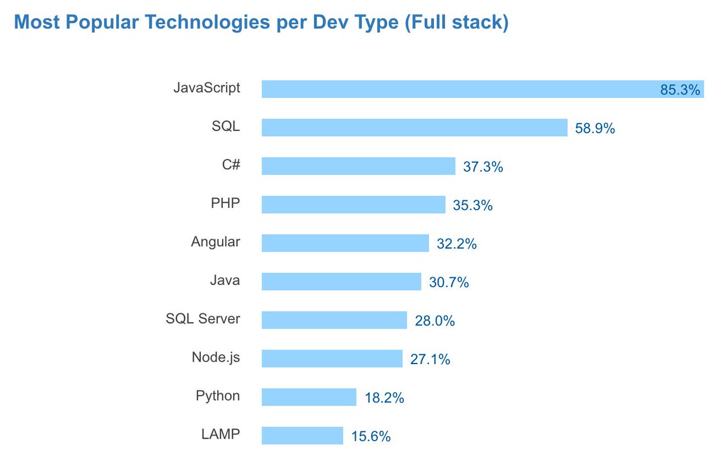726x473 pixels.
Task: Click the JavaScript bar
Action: point(460,90)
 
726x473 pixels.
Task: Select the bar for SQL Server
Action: point(334,321)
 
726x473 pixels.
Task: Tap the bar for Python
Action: point(309,397)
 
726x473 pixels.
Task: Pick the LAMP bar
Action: point(302,435)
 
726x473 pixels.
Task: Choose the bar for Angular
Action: point(345,244)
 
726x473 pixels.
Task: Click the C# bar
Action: point(358,166)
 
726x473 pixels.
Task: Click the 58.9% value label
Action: point(595,128)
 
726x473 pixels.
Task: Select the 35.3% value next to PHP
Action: point(473,205)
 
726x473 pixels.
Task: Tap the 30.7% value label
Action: point(449,282)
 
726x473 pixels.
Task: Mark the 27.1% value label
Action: point(430,359)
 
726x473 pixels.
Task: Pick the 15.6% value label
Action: point(371,436)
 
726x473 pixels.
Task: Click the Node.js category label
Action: point(216,357)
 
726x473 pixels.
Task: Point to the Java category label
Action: point(225,281)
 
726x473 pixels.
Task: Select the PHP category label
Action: point(226,204)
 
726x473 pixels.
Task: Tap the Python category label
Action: point(218,396)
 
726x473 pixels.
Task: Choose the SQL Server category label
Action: point(203,319)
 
